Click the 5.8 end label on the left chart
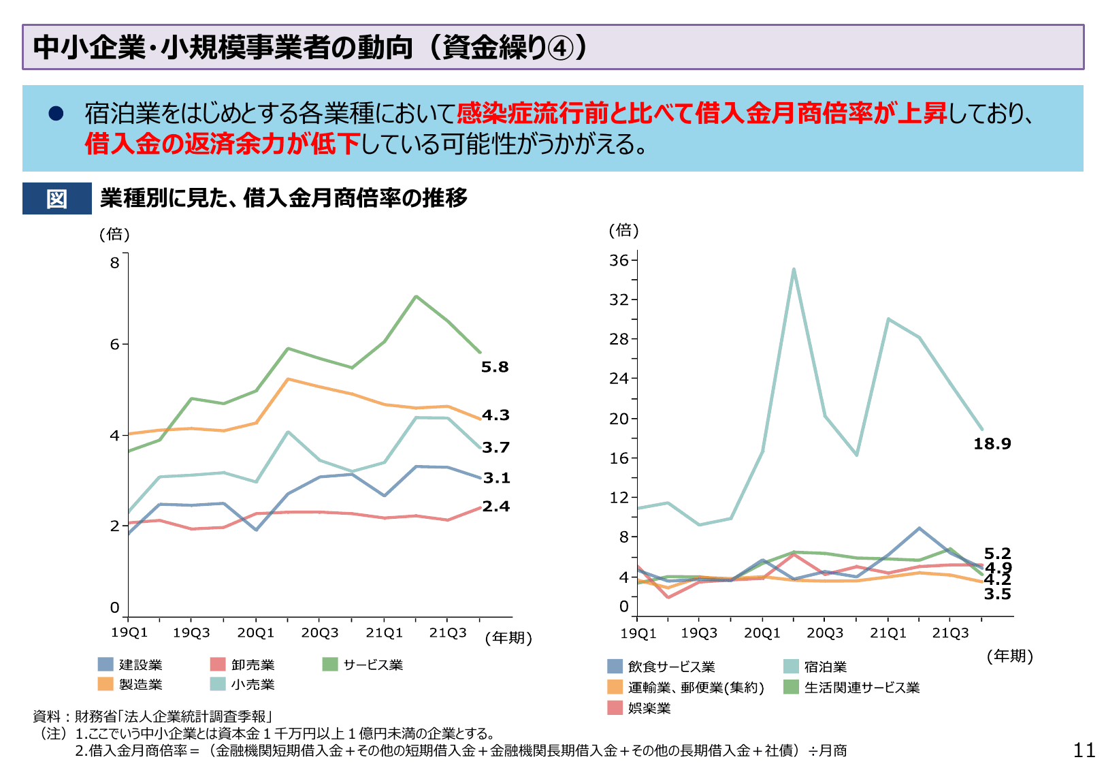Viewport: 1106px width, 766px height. click(x=495, y=367)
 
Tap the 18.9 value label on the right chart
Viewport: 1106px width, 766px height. click(x=992, y=444)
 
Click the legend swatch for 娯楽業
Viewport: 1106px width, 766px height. click(x=615, y=707)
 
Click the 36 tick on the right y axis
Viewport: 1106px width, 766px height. click(x=619, y=260)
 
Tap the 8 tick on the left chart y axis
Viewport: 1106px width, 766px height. click(x=114, y=263)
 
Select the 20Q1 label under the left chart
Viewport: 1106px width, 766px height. click(x=255, y=633)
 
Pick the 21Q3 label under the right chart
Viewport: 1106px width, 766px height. click(x=950, y=633)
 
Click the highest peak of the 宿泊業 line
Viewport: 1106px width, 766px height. click(x=794, y=270)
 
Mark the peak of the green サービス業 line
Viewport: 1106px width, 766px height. click(x=416, y=297)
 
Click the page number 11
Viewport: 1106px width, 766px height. click(x=1084, y=750)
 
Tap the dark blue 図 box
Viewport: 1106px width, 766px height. click(x=57, y=199)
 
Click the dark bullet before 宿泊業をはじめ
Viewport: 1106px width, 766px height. click(x=56, y=114)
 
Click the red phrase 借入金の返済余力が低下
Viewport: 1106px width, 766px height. click(x=223, y=144)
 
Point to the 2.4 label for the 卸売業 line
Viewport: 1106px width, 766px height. click(x=495, y=507)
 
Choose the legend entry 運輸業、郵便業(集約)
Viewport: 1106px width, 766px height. click(x=696, y=688)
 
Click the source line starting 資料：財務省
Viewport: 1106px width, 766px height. click(x=153, y=716)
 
